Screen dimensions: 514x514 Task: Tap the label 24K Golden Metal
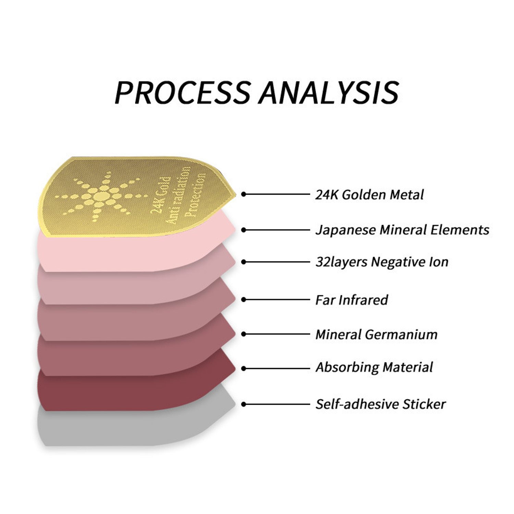pos(369,195)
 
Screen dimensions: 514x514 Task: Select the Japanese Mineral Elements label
pos(402,230)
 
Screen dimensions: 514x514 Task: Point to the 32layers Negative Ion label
pos(382,262)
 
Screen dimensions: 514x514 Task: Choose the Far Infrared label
pos(352,300)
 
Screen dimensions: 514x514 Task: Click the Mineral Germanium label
pos(376,334)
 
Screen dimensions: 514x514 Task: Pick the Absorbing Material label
pos(374,367)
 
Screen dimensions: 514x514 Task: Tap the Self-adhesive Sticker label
pos(380,404)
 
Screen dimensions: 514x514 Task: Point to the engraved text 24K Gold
pos(160,195)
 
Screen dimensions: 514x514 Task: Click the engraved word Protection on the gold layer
pos(195,195)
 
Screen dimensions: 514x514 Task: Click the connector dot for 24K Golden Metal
pos(244,194)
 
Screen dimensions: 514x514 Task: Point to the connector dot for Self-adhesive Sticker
pos(244,404)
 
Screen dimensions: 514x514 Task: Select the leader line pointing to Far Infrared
pos(278,299)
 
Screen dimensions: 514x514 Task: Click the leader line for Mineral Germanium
pos(278,334)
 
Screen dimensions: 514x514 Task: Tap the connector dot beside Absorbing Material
pos(244,369)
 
